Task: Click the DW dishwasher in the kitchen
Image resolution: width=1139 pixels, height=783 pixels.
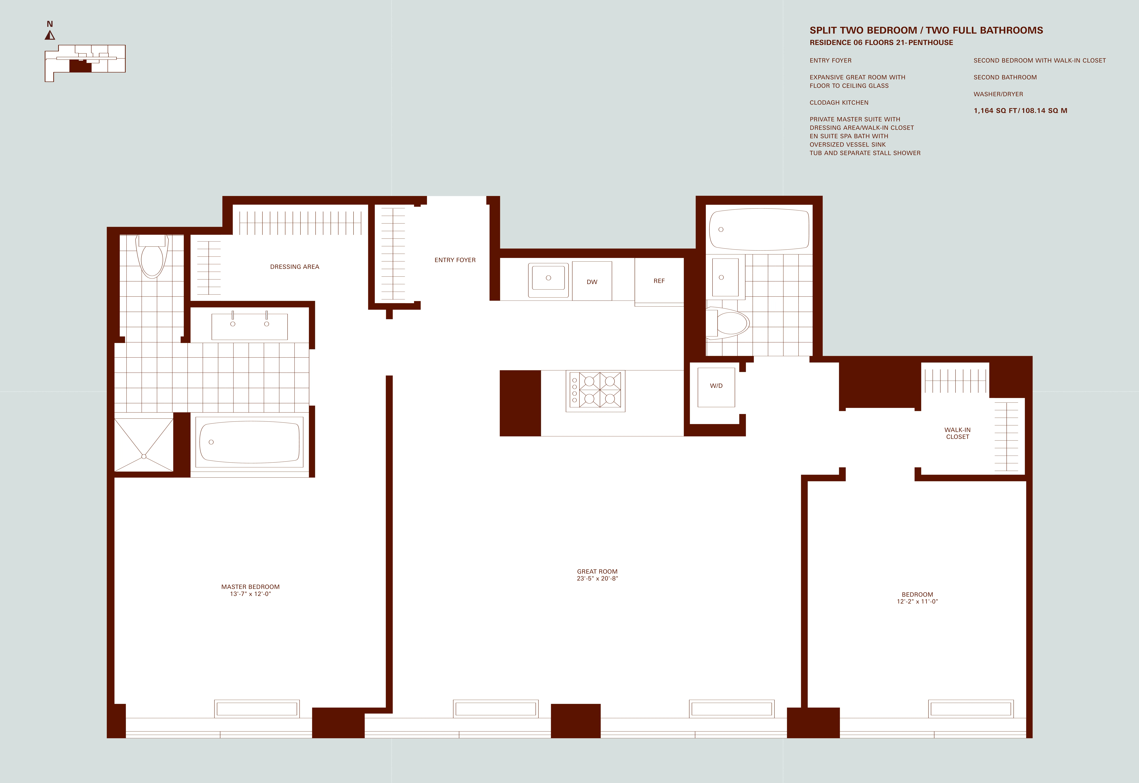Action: [592, 281]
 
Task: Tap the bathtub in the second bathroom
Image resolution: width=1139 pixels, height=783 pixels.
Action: [759, 229]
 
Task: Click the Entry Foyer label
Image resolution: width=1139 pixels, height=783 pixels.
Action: [455, 260]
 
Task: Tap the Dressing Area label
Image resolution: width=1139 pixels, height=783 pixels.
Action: [294, 267]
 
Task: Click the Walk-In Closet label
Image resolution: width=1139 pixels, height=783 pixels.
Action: [957, 433]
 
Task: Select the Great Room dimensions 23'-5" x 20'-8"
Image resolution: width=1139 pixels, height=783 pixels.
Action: [597, 578]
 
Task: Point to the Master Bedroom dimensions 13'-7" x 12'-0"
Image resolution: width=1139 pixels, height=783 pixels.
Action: [250, 594]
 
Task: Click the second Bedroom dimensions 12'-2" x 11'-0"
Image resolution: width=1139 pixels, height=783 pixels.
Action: [917, 601]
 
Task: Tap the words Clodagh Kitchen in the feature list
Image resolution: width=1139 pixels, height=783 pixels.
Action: [839, 103]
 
